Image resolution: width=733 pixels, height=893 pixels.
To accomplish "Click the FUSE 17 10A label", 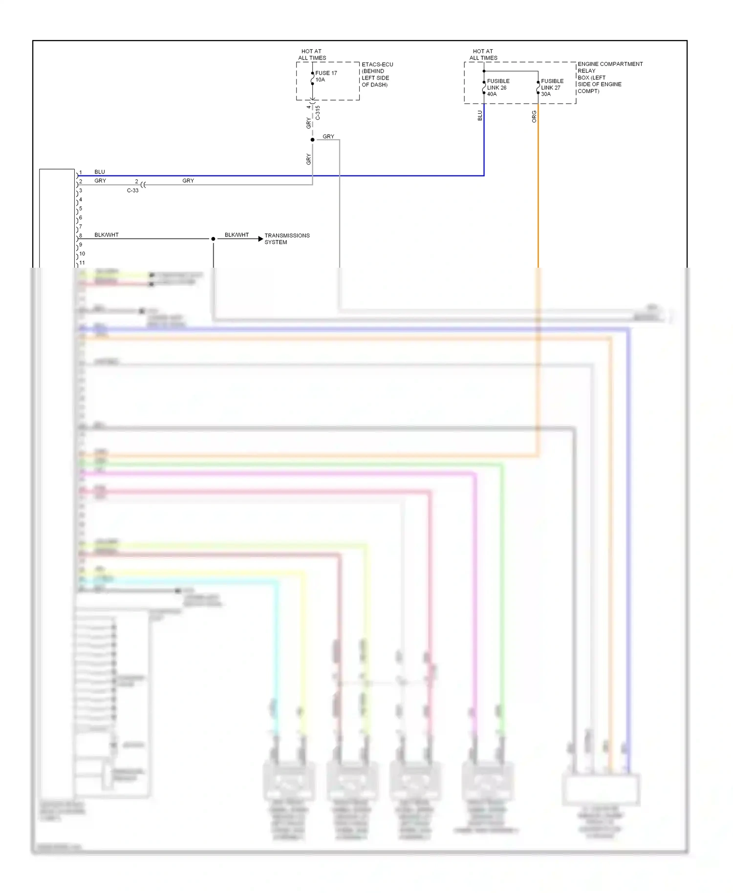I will (325, 76).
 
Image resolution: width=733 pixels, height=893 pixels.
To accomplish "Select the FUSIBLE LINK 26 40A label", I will (497, 87).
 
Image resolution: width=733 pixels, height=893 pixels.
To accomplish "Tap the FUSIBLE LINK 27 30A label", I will (552, 87).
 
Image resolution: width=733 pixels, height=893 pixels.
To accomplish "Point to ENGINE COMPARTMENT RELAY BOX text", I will (609, 77).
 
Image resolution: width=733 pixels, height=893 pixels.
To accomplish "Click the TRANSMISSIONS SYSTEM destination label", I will (287, 238).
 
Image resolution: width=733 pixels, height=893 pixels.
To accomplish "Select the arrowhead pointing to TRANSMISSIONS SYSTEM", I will (260, 239).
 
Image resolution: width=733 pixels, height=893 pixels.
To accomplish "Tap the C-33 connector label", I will (132, 191).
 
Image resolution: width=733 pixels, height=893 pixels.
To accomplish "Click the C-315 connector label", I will (318, 113).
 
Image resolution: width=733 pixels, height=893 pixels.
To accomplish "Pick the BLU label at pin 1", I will (100, 172).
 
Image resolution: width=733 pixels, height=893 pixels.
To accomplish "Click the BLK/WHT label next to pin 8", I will (107, 235).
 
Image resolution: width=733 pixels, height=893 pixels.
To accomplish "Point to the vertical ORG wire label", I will (534, 116).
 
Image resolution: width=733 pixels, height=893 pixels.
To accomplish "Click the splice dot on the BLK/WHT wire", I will (213, 239).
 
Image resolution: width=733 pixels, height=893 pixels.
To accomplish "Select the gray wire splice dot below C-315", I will (313, 140).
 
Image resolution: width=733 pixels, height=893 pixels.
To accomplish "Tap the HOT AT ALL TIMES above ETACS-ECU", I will (312, 54).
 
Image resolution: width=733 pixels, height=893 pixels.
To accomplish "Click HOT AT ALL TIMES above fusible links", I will (483, 54).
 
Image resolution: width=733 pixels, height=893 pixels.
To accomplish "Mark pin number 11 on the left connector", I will (82, 263).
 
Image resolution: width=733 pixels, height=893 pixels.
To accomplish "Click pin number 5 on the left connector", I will (81, 209).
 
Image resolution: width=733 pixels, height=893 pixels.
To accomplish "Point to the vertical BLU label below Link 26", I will (480, 115).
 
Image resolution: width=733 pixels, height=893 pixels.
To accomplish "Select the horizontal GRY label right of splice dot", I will (328, 136).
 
